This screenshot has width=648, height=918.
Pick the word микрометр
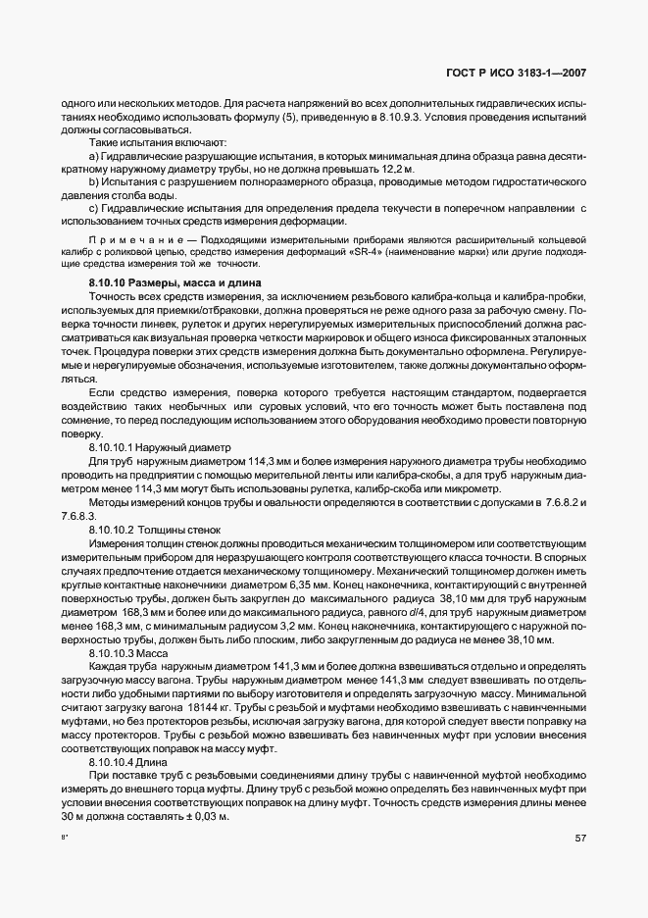coord(471,488)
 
